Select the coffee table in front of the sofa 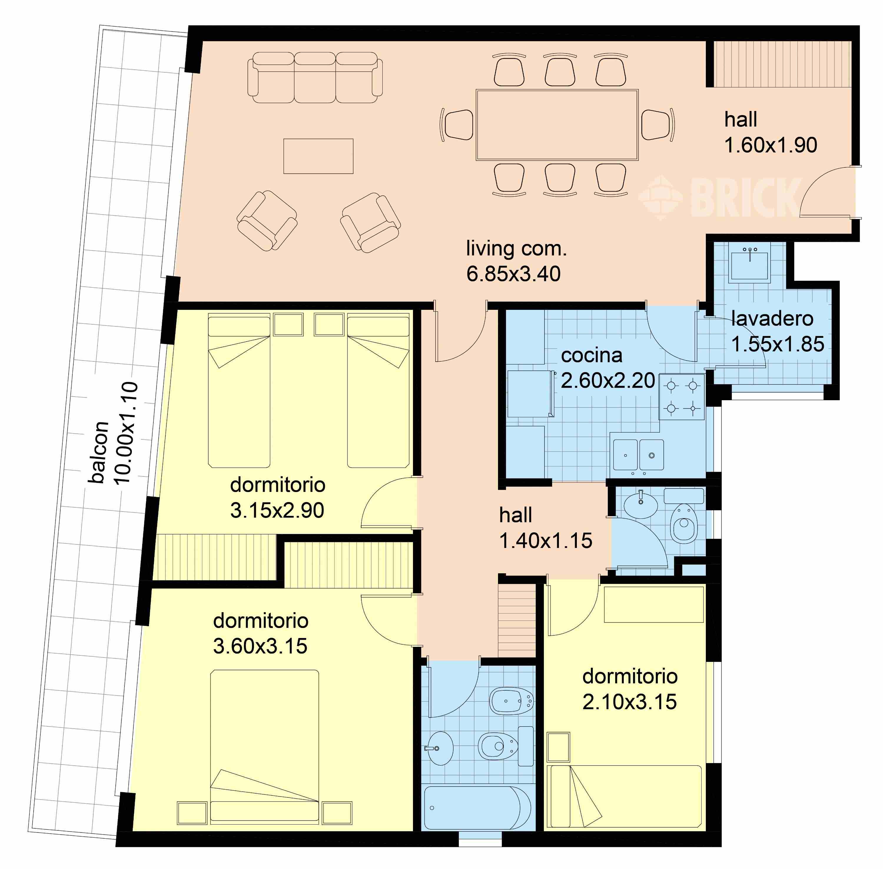(x=318, y=156)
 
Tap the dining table (x=557, y=124)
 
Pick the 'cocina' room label (x=591, y=355)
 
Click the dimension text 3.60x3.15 (x=260, y=646)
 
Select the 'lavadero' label (x=772, y=319)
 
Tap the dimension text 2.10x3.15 (x=630, y=702)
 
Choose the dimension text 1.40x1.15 (x=546, y=541)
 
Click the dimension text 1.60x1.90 (x=771, y=145)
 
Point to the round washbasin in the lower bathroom (x=440, y=749)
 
